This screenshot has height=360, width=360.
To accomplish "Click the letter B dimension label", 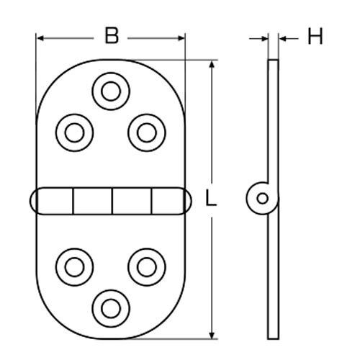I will (111, 36).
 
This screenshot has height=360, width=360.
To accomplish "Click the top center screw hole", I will (110, 91).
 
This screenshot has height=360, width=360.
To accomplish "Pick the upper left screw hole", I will (74, 131).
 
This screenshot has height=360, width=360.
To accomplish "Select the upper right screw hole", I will (145, 131).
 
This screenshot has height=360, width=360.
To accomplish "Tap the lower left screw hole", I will (74, 265).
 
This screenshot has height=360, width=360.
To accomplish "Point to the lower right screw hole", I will (145, 265).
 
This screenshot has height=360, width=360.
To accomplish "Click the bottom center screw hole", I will (110, 305).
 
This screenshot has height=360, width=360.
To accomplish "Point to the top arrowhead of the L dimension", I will (212, 66).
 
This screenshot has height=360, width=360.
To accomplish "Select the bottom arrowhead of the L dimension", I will (212, 332).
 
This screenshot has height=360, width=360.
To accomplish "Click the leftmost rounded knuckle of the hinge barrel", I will (42, 199).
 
